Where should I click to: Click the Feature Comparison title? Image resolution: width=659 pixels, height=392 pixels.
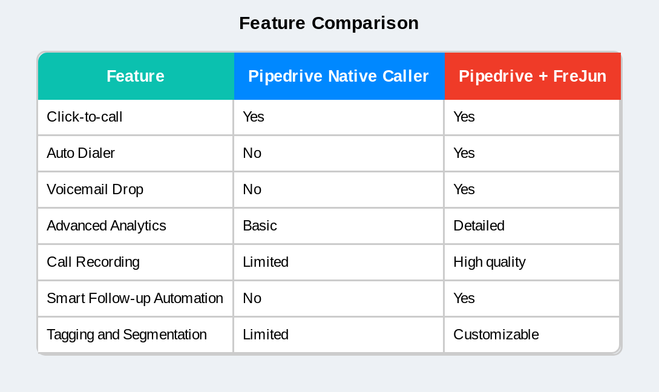(x=329, y=24)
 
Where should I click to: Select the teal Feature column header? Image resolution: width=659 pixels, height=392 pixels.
(x=136, y=76)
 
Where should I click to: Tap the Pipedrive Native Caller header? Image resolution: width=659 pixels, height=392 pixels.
(x=338, y=76)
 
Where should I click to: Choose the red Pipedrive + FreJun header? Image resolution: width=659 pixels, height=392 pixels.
(x=533, y=76)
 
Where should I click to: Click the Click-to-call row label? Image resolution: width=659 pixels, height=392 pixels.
(x=85, y=117)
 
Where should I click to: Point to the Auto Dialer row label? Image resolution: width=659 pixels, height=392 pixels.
(x=80, y=153)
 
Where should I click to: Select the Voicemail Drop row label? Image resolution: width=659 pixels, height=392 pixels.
(x=95, y=189)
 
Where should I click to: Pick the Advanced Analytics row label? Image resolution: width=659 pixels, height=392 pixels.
(x=107, y=226)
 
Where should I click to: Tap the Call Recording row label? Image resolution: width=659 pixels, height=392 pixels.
(x=93, y=262)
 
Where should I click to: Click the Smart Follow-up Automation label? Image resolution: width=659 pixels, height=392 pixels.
(x=135, y=298)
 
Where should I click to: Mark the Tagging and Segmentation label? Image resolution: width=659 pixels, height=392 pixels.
(x=126, y=335)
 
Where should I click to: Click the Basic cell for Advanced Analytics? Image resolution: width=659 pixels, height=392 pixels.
(x=260, y=226)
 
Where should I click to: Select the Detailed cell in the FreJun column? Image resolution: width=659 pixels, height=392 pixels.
(x=479, y=226)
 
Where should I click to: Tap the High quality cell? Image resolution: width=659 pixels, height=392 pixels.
(x=489, y=262)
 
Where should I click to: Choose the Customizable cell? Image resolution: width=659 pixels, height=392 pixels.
(x=496, y=335)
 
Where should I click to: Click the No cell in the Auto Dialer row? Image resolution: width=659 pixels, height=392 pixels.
(x=252, y=153)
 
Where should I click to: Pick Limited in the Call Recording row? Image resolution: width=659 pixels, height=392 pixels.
(x=265, y=262)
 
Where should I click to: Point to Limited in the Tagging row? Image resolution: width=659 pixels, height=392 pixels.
(x=265, y=335)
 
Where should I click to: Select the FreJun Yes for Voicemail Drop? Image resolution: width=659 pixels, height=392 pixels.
(x=464, y=189)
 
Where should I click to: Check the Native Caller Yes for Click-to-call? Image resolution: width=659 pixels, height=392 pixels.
(x=253, y=117)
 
